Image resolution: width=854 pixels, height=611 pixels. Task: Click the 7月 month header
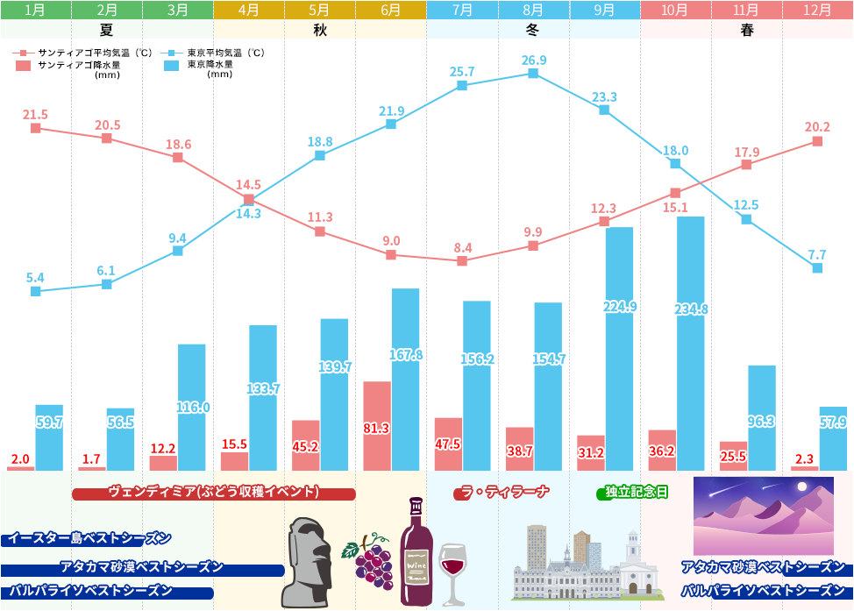[x=462, y=11]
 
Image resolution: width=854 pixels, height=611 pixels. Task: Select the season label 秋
[x=319, y=30]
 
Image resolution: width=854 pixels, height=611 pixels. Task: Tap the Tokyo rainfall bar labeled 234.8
[x=691, y=342]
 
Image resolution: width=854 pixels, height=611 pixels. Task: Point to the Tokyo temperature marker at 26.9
[x=533, y=74]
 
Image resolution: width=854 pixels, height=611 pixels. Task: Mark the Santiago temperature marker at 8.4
[x=462, y=261]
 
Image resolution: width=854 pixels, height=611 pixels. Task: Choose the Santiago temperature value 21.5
[x=36, y=115]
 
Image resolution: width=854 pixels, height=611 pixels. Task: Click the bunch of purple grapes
[x=372, y=562]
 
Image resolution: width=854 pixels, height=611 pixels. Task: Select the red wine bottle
[x=415, y=552]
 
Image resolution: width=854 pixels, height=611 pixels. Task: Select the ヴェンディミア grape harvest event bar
[x=214, y=494]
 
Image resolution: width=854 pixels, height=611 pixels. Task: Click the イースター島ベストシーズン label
[x=88, y=538]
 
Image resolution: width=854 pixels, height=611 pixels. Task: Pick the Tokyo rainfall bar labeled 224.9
[x=619, y=348]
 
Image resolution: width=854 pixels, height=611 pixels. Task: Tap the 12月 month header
[x=817, y=11]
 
